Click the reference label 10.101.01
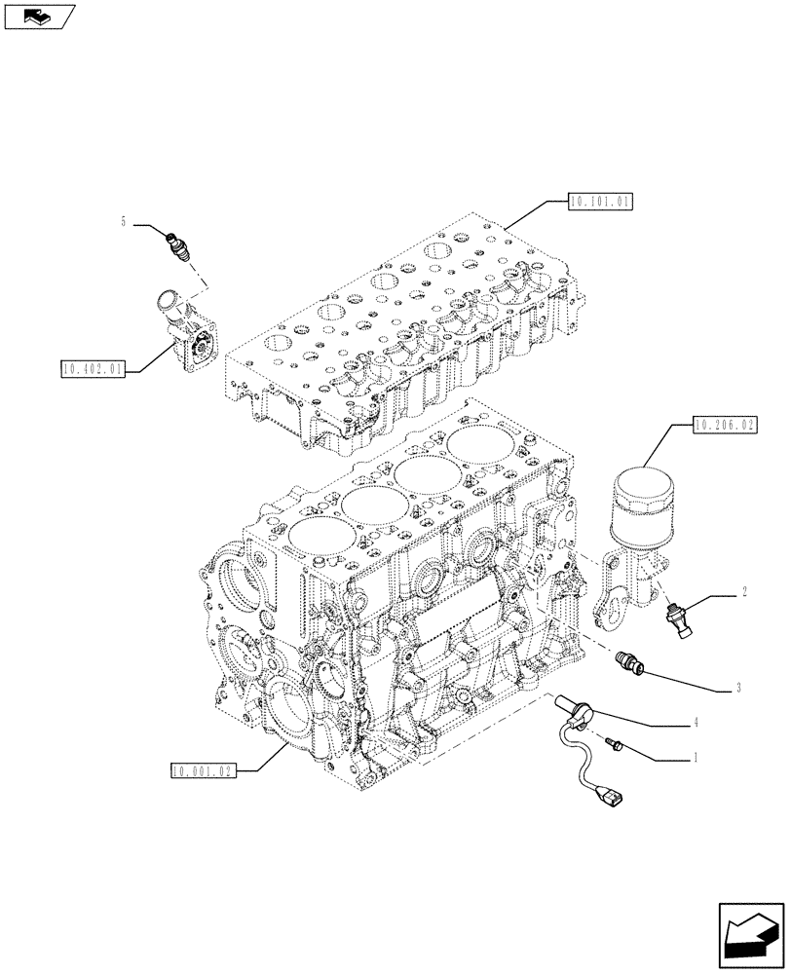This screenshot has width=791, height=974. pyautogui.click(x=600, y=203)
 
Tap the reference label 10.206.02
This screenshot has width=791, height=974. pyautogui.click(x=725, y=425)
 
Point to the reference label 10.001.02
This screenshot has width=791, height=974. pyautogui.click(x=201, y=771)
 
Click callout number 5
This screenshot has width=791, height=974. pyautogui.click(x=124, y=223)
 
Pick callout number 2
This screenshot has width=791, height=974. pyautogui.click(x=744, y=591)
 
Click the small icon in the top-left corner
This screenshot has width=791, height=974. pyautogui.click(x=38, y=16)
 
